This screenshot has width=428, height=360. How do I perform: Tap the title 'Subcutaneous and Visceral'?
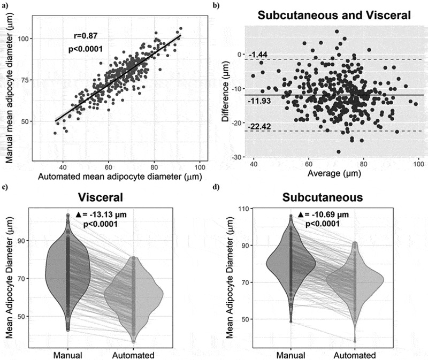(334, 16)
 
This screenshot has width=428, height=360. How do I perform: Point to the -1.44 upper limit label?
(258, 55)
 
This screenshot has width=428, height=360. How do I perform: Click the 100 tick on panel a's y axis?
(26, 39)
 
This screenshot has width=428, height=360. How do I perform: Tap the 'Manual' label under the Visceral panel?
(68, 355)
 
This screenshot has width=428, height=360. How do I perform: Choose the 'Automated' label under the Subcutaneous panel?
(357, 355)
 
